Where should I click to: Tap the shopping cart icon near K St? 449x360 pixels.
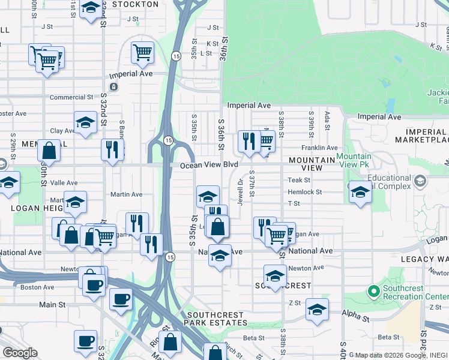[142, 52]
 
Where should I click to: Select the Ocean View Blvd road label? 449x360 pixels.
[209, 164]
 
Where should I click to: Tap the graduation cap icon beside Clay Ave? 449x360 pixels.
[86, 122]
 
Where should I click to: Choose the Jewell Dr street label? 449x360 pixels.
[240, 192]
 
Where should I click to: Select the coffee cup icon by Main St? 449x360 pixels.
[121, 298]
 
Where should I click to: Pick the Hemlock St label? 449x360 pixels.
[305, 193]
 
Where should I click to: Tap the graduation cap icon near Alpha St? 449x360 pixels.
[317, 309]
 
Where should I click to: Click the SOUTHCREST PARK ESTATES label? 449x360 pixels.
[215, 319]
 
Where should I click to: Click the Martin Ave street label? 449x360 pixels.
[127, 194]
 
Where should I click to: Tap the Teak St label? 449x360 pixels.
[298, 180]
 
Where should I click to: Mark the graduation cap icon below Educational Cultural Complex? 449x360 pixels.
[360, 192]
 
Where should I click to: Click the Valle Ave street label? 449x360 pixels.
[64, 183]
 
